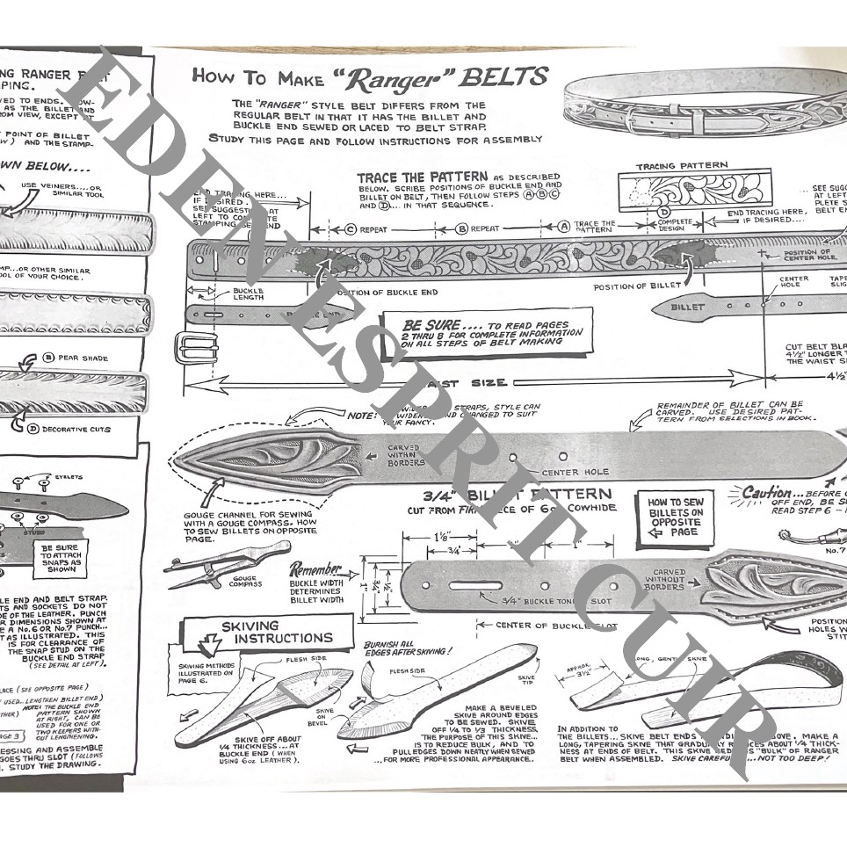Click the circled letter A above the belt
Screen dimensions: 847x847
click(565, 225)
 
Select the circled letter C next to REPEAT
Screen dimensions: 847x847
click(351, 230)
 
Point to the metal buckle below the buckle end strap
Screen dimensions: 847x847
click(199, 345)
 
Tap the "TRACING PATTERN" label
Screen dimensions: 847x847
click(681, 165)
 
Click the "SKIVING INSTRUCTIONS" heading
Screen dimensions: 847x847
click(269, 632)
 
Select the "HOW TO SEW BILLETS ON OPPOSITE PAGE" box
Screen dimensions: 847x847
click(676, 518)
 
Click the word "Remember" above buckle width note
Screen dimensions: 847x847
click(314, 569)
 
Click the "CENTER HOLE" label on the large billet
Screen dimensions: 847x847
click(576, 473)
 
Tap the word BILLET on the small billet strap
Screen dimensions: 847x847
click(687, 308)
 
